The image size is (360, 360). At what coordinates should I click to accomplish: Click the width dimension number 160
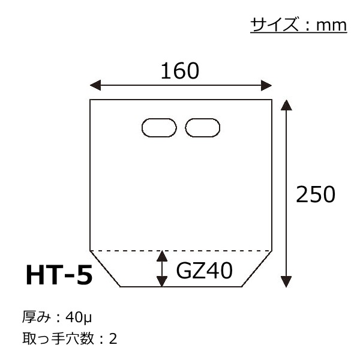pos(180,71)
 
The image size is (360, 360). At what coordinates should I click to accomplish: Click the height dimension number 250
pos(316,194)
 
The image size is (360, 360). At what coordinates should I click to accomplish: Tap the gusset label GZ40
pos(205,271)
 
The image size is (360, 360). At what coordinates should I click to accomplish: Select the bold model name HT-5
pos(59,275)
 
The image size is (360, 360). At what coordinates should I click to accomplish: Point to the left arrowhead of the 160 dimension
pos(95,85)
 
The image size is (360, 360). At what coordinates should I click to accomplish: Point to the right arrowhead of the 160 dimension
pos(266,85)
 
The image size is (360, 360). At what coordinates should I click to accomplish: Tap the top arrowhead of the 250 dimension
pos(286,105)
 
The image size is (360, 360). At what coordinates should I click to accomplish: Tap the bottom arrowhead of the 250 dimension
pos(286,282)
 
